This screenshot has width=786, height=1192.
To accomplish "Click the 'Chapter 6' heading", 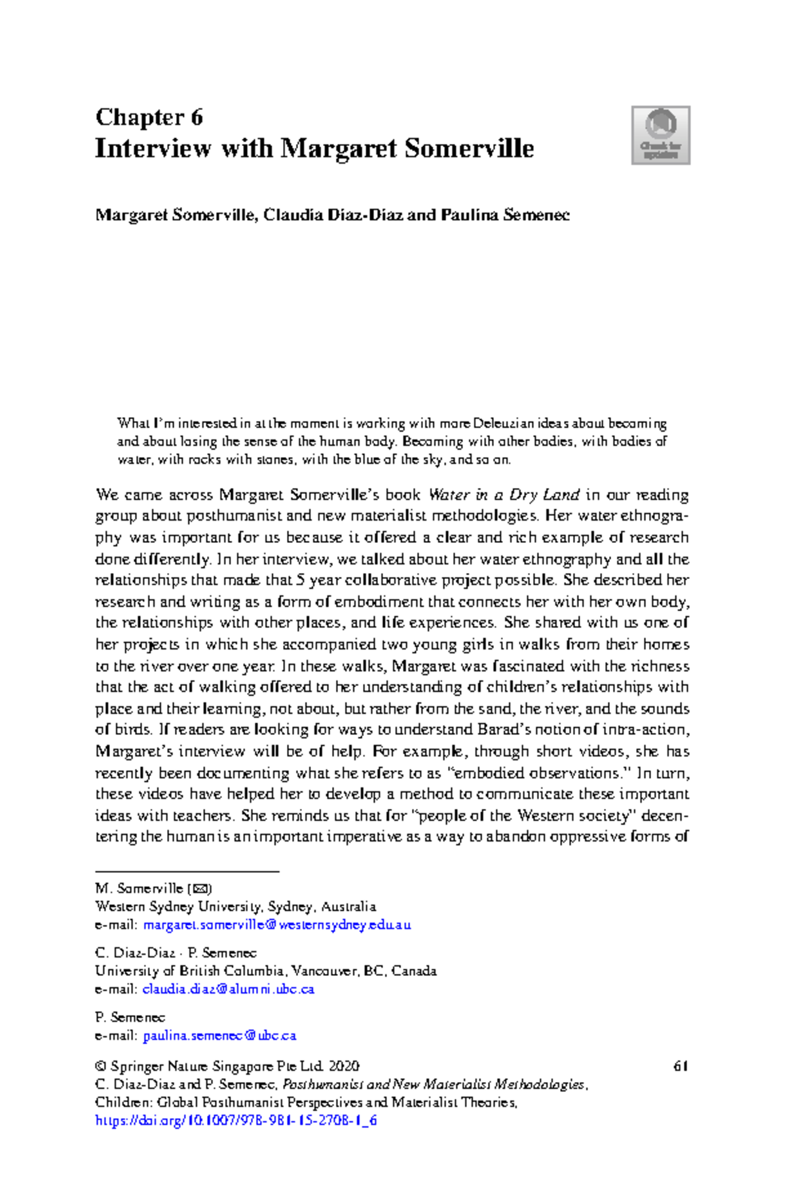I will coord(149,117).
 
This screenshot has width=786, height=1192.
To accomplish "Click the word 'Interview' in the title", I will coord(153,148).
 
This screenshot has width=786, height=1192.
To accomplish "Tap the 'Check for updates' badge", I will coord(660,135).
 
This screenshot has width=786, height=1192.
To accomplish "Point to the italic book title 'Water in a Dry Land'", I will coord(503,494).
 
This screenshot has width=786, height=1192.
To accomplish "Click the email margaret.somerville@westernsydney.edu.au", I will coord(276,925).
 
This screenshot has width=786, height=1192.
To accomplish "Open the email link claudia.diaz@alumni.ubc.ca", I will coord(228,989).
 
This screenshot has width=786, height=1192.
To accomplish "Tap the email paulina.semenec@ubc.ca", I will coord(219,1035).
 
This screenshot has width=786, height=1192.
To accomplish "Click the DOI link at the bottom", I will coord(236,1120).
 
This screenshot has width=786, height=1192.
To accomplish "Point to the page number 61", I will coord(680,1066).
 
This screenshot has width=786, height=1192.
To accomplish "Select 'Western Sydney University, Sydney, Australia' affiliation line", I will coord(235,906).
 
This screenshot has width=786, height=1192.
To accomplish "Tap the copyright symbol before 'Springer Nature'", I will coord(100,1066).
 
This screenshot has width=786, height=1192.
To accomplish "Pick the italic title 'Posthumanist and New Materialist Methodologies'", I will coord(433,1085).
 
